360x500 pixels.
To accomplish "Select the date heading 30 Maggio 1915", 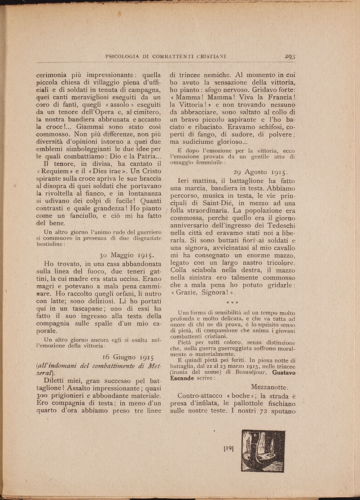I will [x=127, y=253].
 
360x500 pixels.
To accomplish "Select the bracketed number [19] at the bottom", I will [x=228, y=448].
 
